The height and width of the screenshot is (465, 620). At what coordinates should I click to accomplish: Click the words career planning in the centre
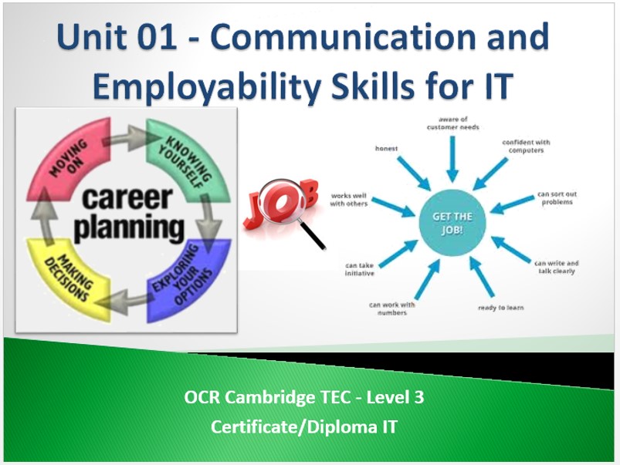click(x=128, y=214)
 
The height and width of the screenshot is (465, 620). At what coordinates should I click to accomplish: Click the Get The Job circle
click(x=452, y=223)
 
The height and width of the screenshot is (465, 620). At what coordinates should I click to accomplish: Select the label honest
click(x=386, y=149)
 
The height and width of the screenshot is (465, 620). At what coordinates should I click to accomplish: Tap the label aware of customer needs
click(x=452, y=123)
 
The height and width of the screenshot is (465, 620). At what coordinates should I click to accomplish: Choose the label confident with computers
click(x=526, y=147)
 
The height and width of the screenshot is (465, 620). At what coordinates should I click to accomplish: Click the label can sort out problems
click(x=557, y=198)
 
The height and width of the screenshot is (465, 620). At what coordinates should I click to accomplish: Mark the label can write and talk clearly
click(x=557, y=267)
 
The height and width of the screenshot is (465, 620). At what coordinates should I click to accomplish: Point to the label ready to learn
click(x=500, y=308)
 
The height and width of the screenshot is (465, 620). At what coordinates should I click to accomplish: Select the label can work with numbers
click(x=392, y=308)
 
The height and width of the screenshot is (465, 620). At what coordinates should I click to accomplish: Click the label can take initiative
click(x=359, y=269)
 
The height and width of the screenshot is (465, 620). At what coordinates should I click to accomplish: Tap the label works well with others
click(x=349, y=200)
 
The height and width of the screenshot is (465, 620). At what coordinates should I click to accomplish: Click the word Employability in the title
click(x=207, y=86)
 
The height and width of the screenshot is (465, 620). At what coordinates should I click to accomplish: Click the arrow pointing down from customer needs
click(x=452, y=159)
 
